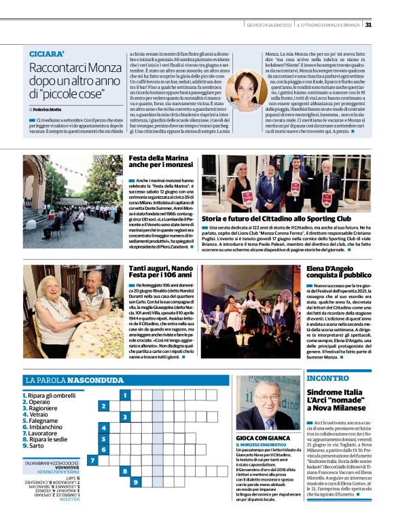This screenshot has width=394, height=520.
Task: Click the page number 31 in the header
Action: [368, 25]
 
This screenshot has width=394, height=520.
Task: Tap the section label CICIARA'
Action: [47, 54]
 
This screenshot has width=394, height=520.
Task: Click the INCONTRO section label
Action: [327, 377]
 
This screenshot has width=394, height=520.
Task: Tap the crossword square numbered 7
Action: [92, 460]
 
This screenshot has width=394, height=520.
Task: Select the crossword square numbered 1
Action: [124, 394]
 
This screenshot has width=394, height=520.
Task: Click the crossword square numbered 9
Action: [136, 481]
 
